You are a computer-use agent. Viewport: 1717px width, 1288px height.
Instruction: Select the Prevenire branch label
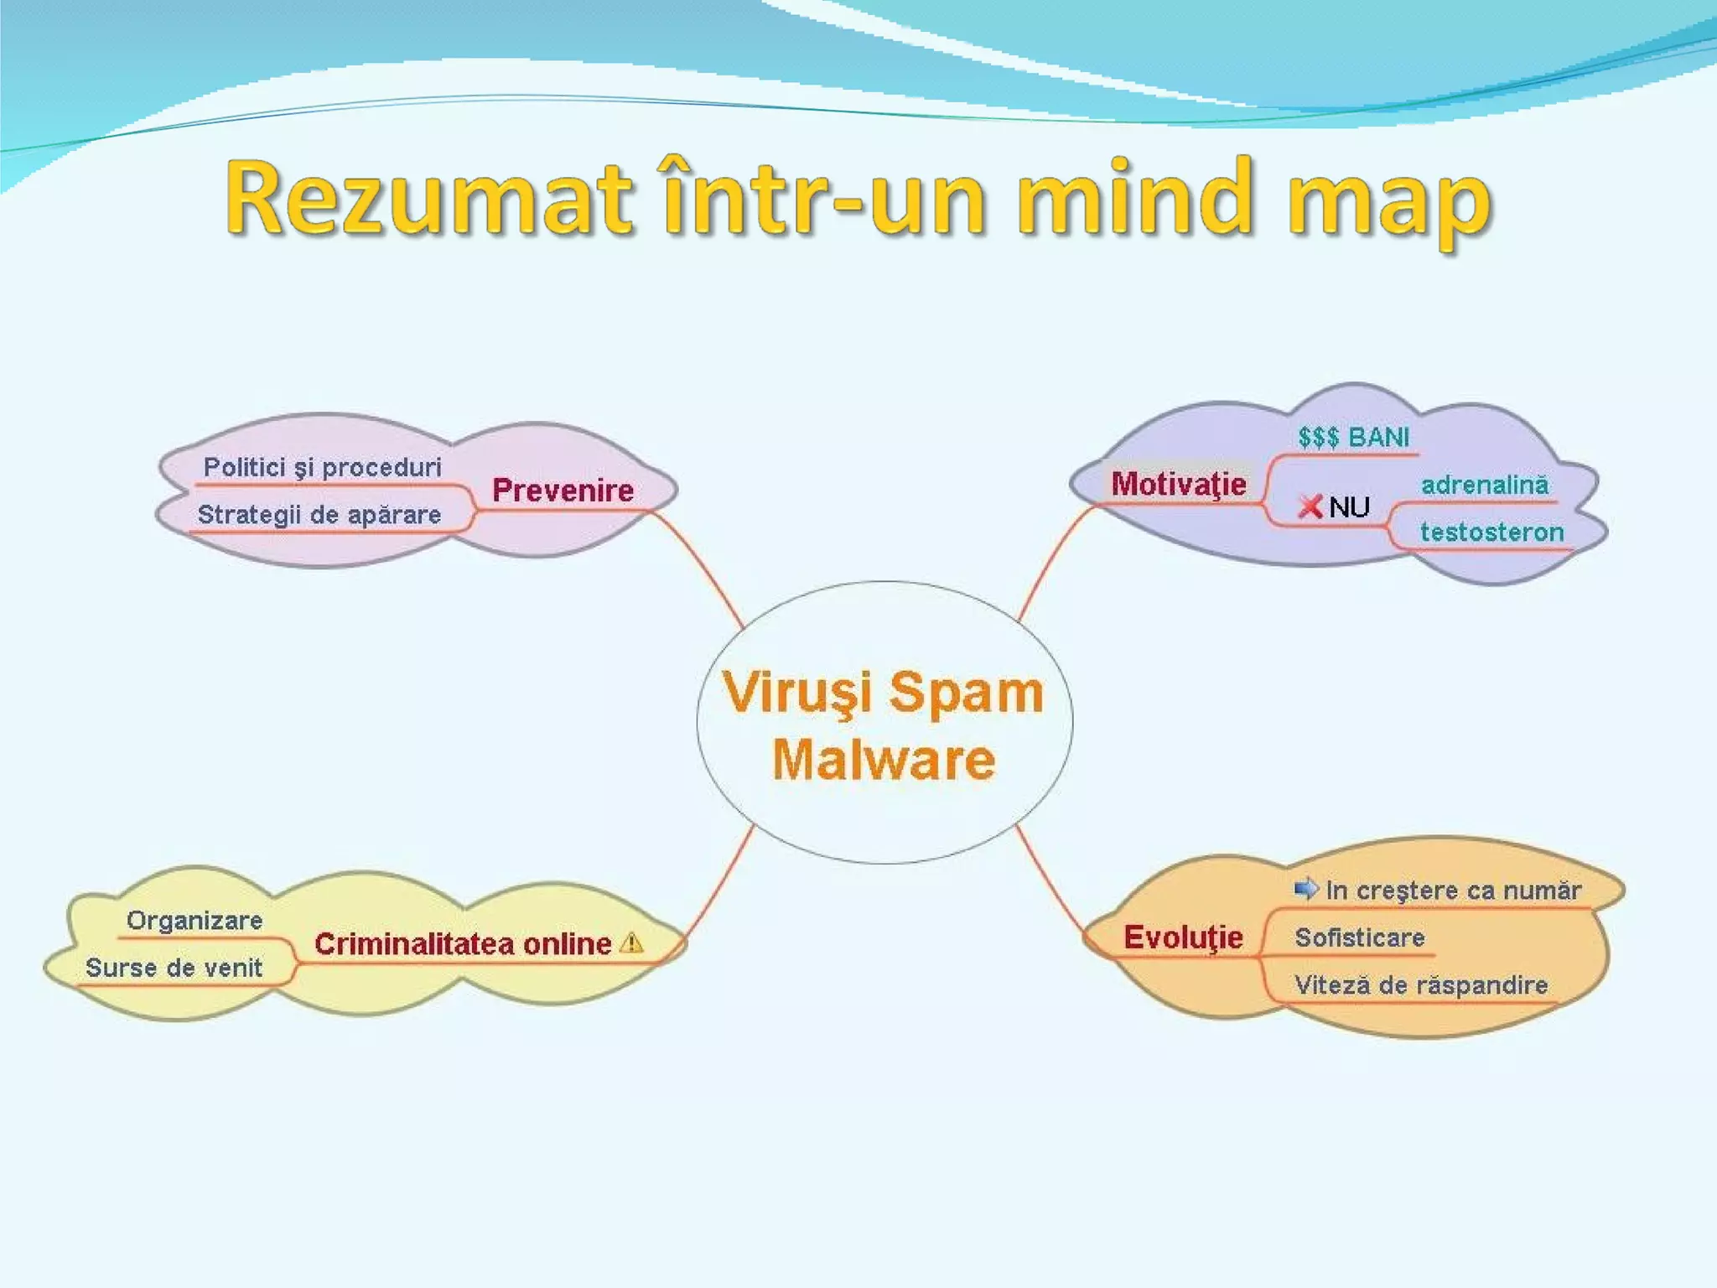(x=563, y=491)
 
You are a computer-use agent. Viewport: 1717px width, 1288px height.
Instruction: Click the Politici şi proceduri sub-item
(x=322, y=467)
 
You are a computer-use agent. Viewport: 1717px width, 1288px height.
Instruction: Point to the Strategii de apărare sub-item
(x=319, y=514)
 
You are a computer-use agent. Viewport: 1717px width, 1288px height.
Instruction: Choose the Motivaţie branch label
(x=1178, y=484)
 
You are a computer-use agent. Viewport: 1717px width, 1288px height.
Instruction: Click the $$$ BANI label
(x=1353, y=437)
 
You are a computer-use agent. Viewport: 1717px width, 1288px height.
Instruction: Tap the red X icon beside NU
(x=1310, y=506)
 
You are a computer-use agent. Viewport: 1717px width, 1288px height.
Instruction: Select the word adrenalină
(x=1484, y=485)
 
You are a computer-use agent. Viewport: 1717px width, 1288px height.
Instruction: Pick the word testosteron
(x=1491, y=532)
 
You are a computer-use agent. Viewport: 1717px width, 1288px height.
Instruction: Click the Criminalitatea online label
(x=463, y=944)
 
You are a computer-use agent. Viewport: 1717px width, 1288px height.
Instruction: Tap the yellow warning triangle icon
(x=631, y=943)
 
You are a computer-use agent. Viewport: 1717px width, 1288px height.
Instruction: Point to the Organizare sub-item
(x=195, y=921)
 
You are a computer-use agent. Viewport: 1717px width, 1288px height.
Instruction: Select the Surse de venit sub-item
(x=174, y=968)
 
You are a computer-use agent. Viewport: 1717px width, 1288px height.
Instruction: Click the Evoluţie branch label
(x=1183, y=937)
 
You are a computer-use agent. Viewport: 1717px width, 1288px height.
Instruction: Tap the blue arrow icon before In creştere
(x=1305, y=888)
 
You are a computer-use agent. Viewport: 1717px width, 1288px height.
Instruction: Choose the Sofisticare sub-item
(x=1359, y=937)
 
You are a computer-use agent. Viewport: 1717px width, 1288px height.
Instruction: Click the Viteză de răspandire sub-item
(x=1421, y=984)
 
